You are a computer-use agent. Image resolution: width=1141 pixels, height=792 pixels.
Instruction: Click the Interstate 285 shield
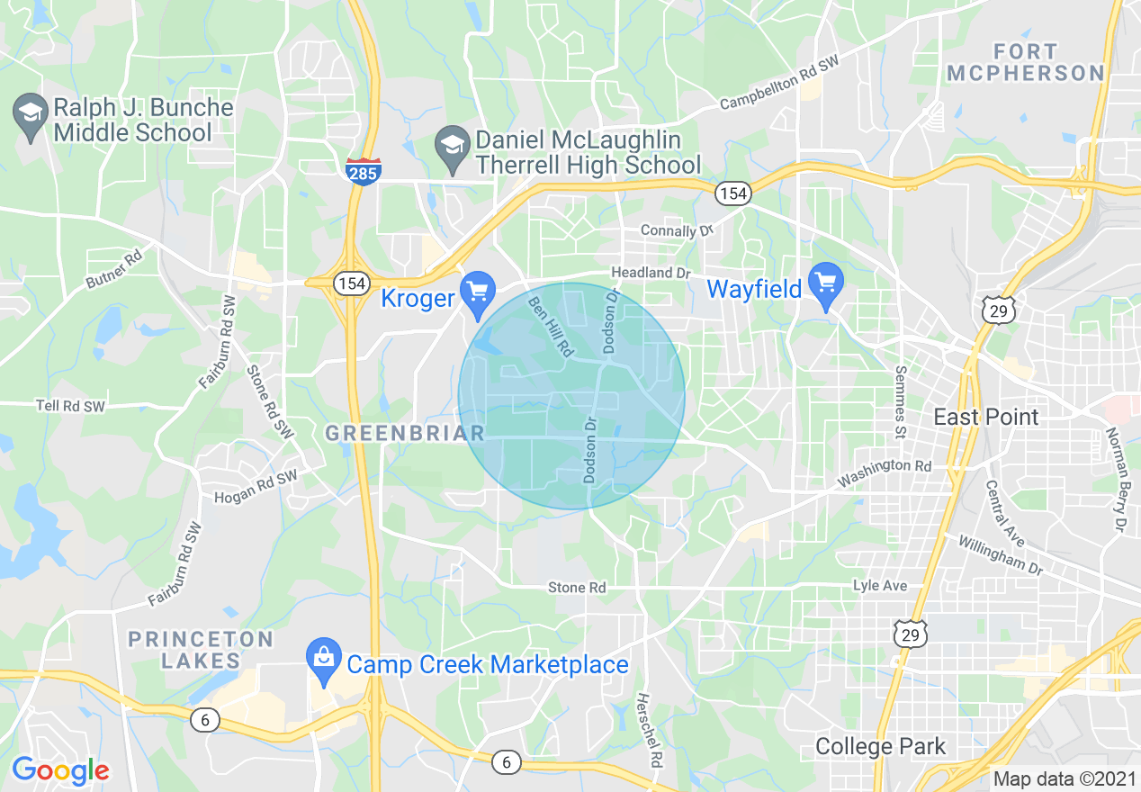coord(364,170)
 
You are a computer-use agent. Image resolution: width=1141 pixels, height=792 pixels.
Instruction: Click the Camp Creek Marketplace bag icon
coord(322,663)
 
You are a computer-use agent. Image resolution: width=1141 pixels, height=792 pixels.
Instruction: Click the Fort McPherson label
coord(1025,62)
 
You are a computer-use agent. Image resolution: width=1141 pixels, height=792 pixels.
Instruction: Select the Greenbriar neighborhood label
coord(404,433)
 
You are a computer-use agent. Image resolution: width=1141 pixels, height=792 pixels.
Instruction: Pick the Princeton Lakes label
coord(200,650)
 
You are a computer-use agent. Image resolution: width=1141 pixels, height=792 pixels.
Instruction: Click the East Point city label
coord(986,417)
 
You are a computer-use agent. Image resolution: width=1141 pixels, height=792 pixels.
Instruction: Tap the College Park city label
coord(880,746)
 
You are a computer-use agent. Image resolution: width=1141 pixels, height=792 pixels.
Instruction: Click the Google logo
coord(59,770)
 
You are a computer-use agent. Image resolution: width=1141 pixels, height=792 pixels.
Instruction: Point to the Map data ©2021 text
coord(1064,778)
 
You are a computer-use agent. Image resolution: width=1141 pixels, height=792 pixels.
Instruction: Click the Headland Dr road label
coord(650,272)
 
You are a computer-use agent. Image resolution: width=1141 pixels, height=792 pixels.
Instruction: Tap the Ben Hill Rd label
coord(550,328)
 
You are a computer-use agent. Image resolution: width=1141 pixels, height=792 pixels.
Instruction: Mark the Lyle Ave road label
coord(880,586)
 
